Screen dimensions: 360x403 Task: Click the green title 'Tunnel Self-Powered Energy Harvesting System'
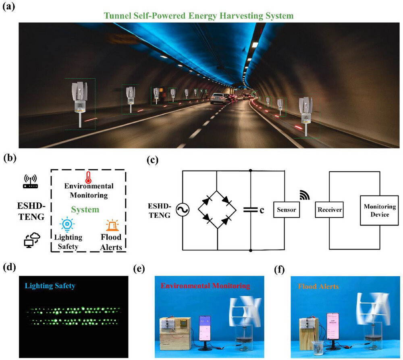coord(198,16)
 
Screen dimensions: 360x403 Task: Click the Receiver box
coord(330,210)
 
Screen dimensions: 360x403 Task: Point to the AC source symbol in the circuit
coord(178,210)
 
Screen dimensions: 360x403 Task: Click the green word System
coord(85,209)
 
